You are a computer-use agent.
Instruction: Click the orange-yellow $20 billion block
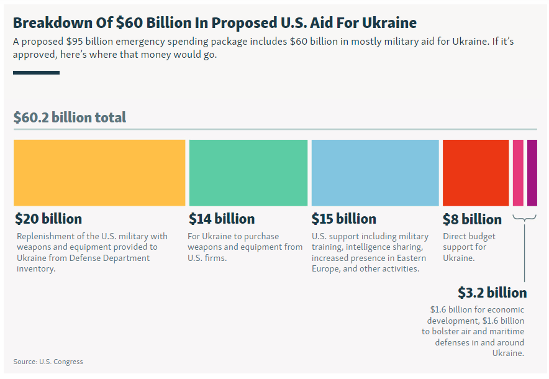99,173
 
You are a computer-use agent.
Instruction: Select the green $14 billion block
248,173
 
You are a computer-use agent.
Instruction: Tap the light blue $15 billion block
375,173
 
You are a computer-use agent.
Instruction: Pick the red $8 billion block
475,173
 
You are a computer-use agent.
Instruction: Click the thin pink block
518,173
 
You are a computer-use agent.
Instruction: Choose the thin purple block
532,173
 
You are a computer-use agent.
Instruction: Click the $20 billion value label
48,219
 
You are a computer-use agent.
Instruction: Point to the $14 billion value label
222,219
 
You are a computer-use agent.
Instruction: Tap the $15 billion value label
343,219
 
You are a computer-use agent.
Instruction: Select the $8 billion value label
472,220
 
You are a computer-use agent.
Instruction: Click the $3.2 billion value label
492,293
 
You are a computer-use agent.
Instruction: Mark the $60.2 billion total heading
70,117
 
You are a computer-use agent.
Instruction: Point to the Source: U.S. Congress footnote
48,362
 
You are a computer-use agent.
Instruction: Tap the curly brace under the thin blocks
525,218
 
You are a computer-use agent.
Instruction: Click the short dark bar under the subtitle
36,73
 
